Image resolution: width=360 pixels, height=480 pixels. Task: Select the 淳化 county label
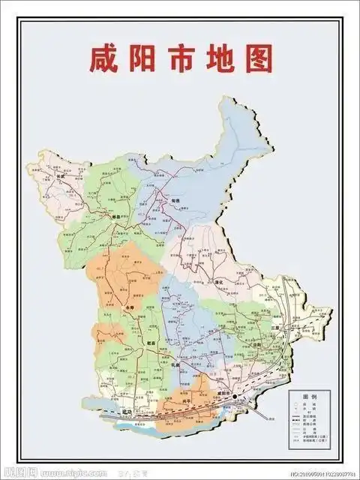click(x=220, y=280)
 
